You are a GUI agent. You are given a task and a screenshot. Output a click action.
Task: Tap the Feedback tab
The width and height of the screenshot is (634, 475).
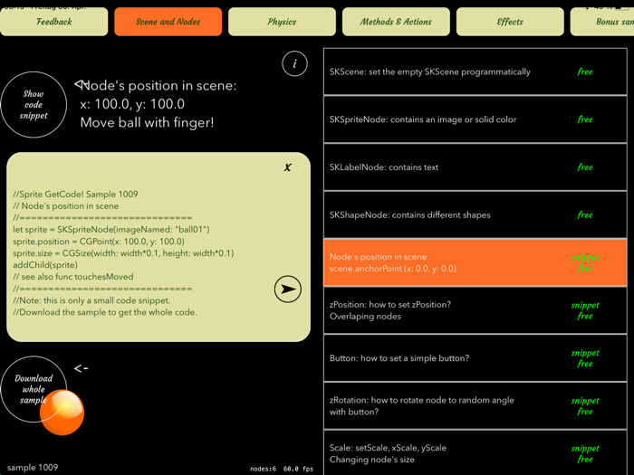click(54, 22)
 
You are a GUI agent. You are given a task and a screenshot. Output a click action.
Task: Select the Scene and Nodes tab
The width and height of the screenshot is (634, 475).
click(168, 22)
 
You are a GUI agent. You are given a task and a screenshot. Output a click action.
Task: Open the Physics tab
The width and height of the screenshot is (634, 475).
click(282, 22)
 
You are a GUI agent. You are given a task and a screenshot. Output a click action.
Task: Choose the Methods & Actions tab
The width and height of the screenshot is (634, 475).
click(396, 22)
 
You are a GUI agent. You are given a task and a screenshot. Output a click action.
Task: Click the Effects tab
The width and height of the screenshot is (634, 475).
click(510, 22)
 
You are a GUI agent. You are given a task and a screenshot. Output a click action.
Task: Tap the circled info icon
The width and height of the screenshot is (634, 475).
click(294, 63)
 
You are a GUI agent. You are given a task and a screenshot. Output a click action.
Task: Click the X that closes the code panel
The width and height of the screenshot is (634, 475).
click(288, 167)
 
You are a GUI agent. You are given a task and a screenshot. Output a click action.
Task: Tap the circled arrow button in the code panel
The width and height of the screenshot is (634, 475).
click(288, 290)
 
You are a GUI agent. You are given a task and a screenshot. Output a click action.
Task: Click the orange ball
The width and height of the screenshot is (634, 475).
click(62, 413)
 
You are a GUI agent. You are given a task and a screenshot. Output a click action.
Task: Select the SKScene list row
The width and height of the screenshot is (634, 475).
click(475, 71)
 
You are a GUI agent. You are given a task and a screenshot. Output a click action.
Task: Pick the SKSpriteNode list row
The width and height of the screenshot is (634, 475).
click(475, 119)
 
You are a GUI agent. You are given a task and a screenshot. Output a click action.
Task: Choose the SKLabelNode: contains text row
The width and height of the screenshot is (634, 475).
click(475, 167)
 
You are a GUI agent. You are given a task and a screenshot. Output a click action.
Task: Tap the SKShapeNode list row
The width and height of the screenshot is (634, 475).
click(475, 215)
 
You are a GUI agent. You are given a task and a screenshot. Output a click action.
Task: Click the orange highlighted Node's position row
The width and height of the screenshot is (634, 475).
click(475, 262)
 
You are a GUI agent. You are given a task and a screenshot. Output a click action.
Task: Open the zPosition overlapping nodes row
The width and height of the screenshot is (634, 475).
click(475, 310)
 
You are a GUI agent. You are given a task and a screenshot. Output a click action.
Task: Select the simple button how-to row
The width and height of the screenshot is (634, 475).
click(475, 358)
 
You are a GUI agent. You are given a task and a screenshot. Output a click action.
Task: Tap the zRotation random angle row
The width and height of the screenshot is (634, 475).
click(475, 405)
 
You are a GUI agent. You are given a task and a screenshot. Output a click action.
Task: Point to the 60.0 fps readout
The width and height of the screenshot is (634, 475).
click(298, 469)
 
